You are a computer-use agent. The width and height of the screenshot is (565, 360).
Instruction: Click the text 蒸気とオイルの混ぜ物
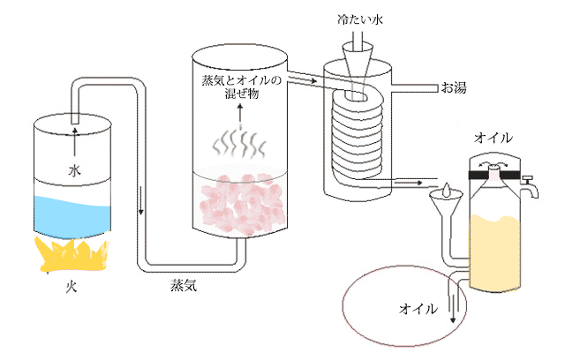pyautogui.click(x=240, y=89)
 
